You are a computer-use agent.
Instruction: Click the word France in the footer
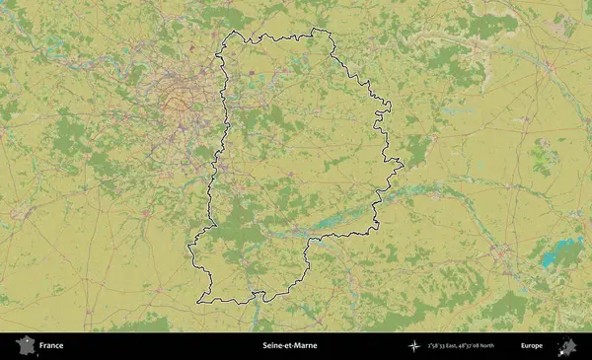[x=51, y=346]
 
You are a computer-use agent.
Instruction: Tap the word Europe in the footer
[x=532, y=346]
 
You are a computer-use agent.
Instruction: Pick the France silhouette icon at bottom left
[x=24, y=346]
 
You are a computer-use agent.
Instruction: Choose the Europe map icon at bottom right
[x=568, y=346]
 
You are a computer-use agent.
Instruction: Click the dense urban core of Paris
[x=179, y=98]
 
